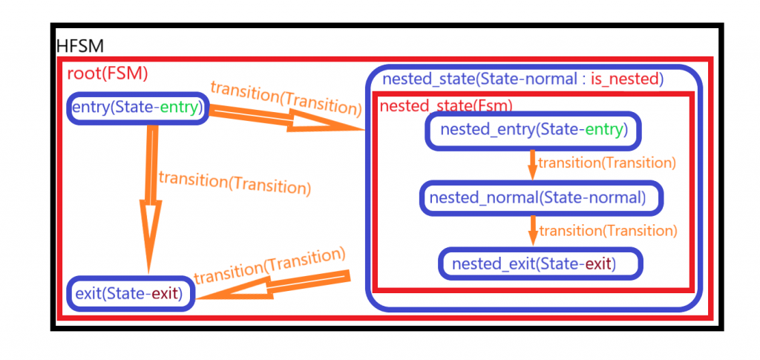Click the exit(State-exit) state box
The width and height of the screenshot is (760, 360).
(x=131, y=294)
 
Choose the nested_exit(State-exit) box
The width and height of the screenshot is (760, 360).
(x=540, y=264)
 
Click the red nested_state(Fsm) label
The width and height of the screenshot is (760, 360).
(x=445, y=106)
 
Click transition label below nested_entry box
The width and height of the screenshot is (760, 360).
(x=606, y=163)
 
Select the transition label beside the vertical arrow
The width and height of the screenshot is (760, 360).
(x=234, y=182)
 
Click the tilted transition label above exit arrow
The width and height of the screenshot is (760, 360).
(x=270, y=265)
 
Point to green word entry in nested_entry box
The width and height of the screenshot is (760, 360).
(x=605, y=130)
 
